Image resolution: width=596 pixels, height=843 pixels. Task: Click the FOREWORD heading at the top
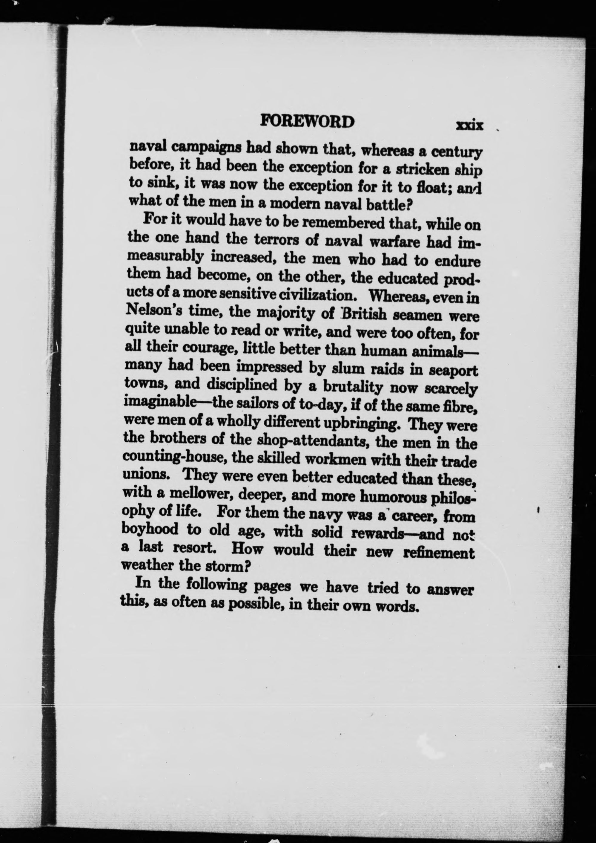pos(307,121)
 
